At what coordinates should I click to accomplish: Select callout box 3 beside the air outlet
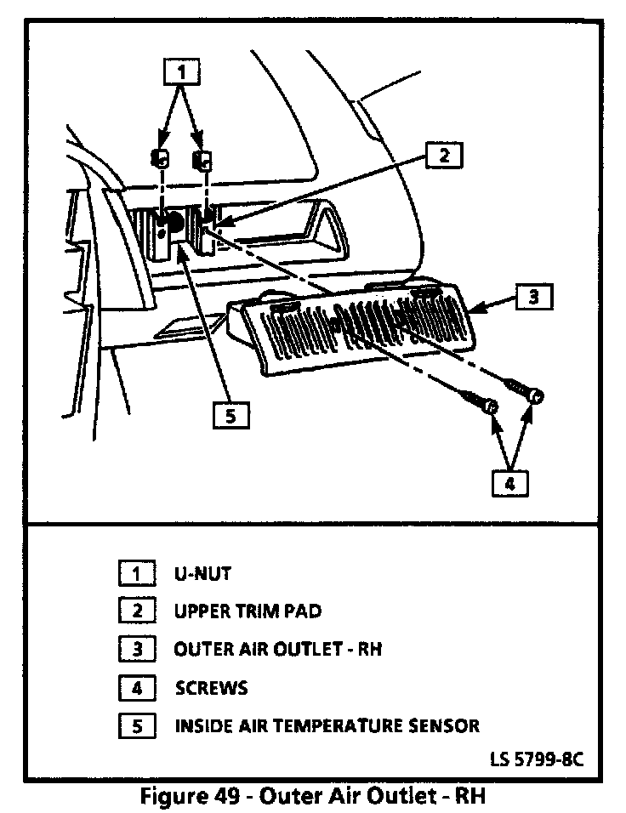[533, 298]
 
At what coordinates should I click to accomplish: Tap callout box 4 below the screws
[509, 482]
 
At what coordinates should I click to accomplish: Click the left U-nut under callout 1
[159, 157]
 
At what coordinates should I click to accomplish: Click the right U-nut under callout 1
[204, 159]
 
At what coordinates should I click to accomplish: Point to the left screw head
[490, 409]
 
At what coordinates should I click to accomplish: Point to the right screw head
[536, 397]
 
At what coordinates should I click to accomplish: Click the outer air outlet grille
[357, 327]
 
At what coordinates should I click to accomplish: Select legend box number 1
[136, 573]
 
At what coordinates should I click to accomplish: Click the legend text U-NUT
[202, 573]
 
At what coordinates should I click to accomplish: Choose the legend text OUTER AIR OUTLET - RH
[278, 649]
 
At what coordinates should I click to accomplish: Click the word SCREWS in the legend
[212, 687]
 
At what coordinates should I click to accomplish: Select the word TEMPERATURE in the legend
[335, 725]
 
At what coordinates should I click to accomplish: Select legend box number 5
[136, 725]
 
